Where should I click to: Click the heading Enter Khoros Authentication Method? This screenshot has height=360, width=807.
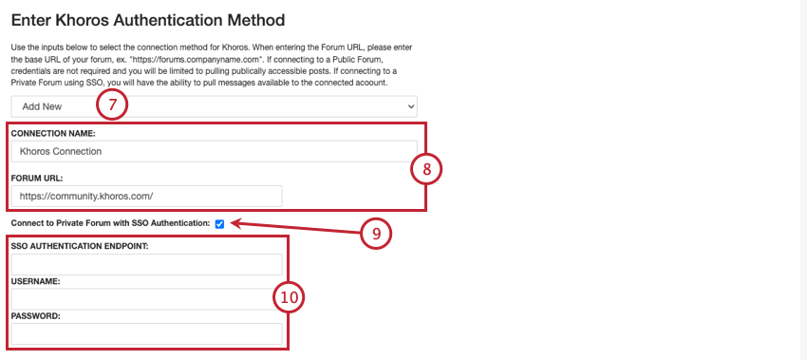(148, 21)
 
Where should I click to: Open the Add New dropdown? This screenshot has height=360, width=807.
(215, 106)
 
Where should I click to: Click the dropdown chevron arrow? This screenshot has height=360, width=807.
(411, 106)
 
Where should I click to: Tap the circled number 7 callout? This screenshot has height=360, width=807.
(112, 105)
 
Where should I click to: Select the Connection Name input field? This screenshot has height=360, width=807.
(215, 151)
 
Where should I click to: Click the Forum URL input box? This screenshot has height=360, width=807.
(146, 197)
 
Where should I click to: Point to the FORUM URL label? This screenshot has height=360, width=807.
(36, 178)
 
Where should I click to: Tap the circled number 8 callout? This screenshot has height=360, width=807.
(426, 169)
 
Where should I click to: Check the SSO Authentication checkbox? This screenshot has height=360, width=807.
(219, 224)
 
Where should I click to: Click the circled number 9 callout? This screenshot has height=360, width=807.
(376, 234)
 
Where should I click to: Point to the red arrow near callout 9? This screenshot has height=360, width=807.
(296, 228)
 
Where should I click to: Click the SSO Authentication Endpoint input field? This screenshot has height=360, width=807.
(146, 264)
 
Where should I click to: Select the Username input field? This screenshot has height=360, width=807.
(146, 299)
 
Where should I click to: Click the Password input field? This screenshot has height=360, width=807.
(146, 333)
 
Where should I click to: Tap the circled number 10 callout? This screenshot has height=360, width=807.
(289, 297)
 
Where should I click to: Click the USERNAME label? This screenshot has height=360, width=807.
(36, 282)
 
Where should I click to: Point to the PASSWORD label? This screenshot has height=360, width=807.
(36, 316)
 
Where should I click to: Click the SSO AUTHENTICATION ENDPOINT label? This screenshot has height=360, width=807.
(80, 246)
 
